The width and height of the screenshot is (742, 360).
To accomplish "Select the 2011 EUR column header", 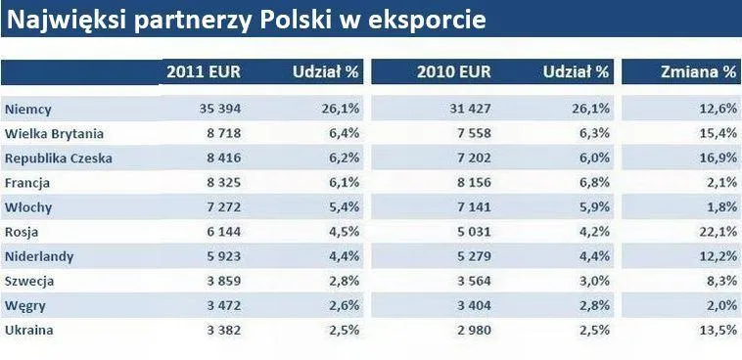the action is tap(204, 72).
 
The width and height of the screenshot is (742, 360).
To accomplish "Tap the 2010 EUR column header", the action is tap(454, 72).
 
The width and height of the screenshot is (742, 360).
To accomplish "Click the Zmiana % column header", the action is tap(699, 72).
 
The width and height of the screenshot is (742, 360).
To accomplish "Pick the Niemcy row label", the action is tap(28, 110).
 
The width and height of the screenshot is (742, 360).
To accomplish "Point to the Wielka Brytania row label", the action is tap(54, 133).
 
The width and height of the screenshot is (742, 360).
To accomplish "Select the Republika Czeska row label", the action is tap(58, 158).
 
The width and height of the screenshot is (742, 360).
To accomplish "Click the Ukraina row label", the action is tap(28, 330).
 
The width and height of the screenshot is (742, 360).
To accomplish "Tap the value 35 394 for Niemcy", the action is tap(220, 109).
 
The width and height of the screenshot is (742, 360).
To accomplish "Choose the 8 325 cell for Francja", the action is tap(224, 182).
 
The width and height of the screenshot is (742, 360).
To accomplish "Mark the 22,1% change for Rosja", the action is tap(719, 232).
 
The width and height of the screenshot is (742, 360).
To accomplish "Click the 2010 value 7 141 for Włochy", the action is tap(474, 206).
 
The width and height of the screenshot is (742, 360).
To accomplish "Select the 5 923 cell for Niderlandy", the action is tap(224, 256).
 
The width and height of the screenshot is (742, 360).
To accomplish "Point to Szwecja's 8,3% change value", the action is tap(722, 281).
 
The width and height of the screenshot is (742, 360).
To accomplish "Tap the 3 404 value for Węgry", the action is tap(474, 305).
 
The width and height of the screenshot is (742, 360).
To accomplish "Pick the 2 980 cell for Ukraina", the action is tap(474, 330).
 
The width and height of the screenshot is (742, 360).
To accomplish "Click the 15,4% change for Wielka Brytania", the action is tap(719, 133).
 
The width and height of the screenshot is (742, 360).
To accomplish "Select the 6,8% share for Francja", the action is tap(594, 182).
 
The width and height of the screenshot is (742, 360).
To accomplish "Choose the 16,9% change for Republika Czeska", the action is tap(719, 158).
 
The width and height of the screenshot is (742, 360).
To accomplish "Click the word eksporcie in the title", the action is tap(427, 21).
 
